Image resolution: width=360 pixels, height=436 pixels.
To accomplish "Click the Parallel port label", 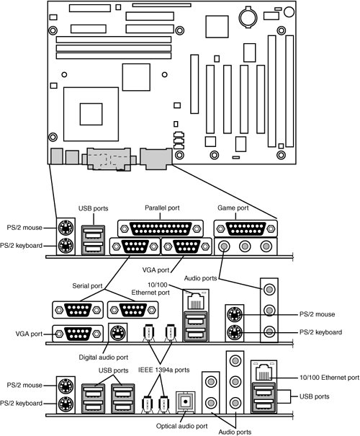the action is [162, 208].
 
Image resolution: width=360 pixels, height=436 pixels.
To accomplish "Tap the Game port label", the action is [233, 208].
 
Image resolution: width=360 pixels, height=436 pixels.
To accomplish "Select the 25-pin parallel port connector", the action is [161, 229].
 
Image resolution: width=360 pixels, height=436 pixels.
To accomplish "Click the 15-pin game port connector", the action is [246, 229].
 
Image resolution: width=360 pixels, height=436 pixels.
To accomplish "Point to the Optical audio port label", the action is [181, 426].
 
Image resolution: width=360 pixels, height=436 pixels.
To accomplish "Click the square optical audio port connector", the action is [186, 401].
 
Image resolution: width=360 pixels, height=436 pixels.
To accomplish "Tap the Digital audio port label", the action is [104, 357].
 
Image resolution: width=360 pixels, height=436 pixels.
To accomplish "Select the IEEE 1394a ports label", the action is [164, 370].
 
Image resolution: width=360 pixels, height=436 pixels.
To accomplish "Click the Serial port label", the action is [87, 286].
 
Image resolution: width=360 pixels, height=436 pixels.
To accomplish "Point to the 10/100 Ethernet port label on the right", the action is [329, 378].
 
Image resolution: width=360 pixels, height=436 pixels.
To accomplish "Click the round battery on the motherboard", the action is [248, 18].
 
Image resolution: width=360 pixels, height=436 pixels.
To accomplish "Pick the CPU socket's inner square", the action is [91, 114].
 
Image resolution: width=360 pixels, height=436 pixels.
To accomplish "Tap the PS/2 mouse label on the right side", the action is [317, 314].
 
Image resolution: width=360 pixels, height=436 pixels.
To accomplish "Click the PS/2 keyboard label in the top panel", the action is [21, 246].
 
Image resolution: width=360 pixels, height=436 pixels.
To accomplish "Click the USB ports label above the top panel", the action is [93, 208].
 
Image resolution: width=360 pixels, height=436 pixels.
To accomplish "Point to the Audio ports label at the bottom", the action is [235, 432].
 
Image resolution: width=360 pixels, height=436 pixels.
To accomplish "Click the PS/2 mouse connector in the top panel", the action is [66, 228].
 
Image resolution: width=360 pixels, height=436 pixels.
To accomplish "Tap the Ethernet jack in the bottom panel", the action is [264, 371].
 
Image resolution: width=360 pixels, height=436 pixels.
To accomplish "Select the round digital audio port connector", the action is [118, 332].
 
